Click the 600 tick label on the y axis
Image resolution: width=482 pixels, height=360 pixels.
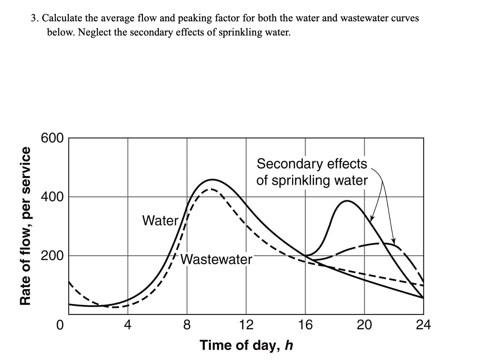pos(52,138)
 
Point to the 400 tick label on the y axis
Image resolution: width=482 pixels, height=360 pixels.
pos(52,196)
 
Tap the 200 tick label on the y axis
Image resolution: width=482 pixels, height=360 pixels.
pos(52,255)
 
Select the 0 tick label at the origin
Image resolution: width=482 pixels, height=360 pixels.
pos(60,324)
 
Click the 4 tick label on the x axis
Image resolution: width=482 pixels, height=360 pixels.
pos(128,324)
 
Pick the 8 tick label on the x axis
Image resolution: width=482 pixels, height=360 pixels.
pos(187,324)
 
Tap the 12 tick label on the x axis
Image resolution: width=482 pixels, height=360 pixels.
pos(246,324)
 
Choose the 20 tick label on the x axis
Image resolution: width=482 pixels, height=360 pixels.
pos(365,324)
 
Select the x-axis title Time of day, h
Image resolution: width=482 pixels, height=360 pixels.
pos(246,345)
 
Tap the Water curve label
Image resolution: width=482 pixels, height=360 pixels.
pos(160,220)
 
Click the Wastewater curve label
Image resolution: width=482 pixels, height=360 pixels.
pos(216,260)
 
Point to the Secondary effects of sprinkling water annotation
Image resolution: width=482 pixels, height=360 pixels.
pos(312,172)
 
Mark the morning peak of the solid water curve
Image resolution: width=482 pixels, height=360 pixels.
pos(212,180)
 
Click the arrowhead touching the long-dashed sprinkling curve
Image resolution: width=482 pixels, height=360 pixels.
pos(393,241)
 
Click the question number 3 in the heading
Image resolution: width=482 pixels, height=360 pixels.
pos(34,18)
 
